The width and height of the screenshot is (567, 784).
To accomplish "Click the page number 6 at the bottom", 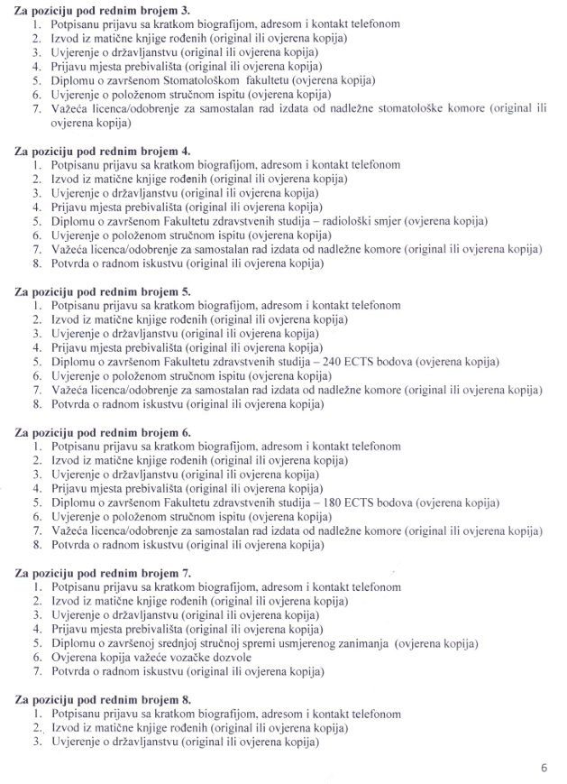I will [544, 768].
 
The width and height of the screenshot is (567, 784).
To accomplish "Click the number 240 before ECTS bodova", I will [383, 363].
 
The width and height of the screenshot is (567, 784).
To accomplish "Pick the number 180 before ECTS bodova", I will [383, 503].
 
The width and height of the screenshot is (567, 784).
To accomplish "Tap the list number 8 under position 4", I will [36, 263].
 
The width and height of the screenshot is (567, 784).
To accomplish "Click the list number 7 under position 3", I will [36, 108].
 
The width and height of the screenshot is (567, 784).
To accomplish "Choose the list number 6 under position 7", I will [36, 658].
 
